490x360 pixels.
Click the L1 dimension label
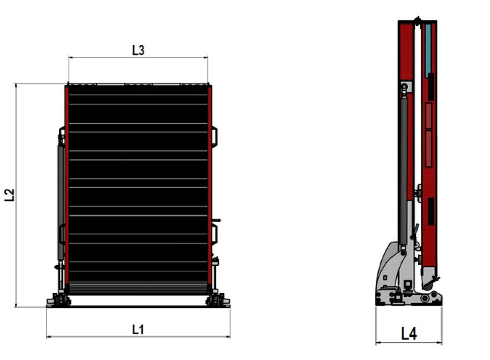coord(138,329)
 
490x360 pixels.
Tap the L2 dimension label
coord(10,195)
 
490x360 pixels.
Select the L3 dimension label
coord(138,50)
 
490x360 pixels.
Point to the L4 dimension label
coord(409,333)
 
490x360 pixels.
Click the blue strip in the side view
coord(428,50)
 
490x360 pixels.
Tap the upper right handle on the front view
coord(215,136)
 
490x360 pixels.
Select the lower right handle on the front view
coord(215,234)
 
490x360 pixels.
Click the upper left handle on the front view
coord(62,136)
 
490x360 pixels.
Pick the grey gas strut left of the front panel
coord(61,203)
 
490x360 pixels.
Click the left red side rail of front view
coord(67,184)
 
